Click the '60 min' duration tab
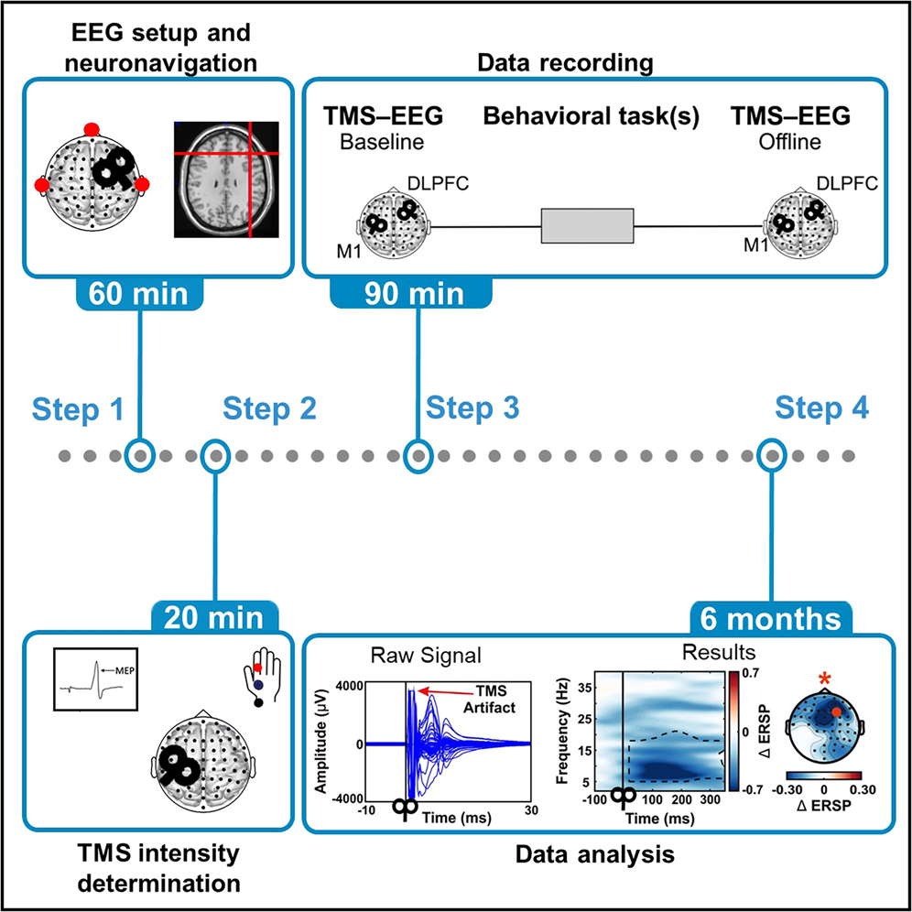pyautogui.click(x=138, y=295)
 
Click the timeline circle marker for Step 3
pyautogui.click(x=418, y=454)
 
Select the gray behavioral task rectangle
pyautogui.click(x=586, y=225)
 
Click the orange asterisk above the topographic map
pyautogui.click(x=827, y=680)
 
